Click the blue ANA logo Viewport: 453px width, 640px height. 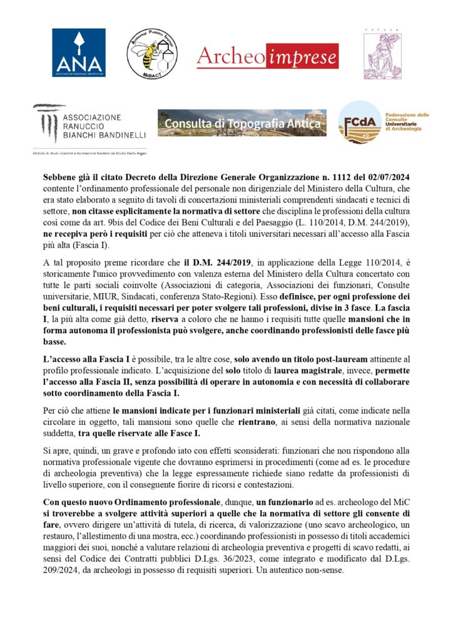click(78, 52)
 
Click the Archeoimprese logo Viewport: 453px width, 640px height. click(267, 56)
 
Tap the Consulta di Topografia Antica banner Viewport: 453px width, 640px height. click(242, 122)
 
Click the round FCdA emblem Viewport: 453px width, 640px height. click(359, 122)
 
